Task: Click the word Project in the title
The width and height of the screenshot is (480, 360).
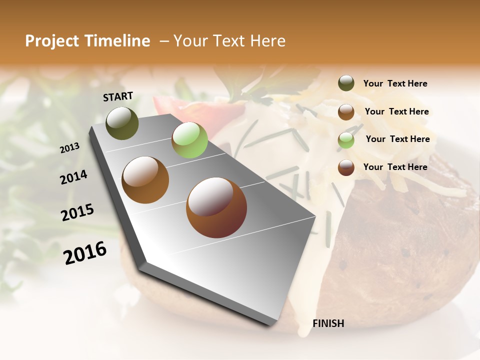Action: point(51,41)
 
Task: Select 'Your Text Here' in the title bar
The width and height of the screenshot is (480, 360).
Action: point(229,41)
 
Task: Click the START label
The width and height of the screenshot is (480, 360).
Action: point(118,96)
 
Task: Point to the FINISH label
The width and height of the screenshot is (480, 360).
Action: point(328,323)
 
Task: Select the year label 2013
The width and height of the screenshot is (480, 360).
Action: point(69,148)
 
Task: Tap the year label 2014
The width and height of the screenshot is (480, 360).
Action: point(73,177)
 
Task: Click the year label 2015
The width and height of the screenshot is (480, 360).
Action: point(77,212)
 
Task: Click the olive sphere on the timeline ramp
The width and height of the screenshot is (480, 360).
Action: point(122,123)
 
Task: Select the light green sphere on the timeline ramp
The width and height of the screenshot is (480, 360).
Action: point(189,139)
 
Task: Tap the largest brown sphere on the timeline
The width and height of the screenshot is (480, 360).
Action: point(216,207)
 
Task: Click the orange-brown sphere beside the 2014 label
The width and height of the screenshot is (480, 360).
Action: point(145,179)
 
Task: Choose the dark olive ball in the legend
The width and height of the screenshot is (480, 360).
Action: point(346,83)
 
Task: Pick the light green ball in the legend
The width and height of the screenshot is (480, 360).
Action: point(346,140)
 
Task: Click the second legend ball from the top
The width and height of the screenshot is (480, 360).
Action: point(346,112)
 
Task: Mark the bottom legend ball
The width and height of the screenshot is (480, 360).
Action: point(346,167)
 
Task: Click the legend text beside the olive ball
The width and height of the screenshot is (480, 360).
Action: point(395,83)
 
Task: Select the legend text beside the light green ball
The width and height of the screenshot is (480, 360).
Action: point(397,139)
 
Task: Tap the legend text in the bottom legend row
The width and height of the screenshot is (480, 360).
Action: point(395,167)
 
